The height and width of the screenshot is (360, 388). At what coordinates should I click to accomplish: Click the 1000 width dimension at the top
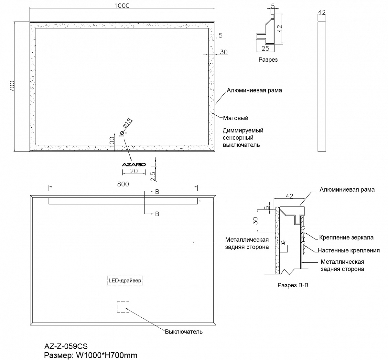pyautogui.click(x=122, y=5)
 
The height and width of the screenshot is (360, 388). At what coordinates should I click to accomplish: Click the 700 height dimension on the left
pyautogui.click(x=12, y=87)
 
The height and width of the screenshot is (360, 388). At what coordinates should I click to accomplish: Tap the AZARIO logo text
pyautogui.click(x=134, y=164)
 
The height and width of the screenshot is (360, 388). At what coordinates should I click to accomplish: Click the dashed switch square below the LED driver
pyautogui.click(x=123, y=307)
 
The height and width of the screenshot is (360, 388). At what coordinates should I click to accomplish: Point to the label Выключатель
pyautogui.click(x=184, y=332)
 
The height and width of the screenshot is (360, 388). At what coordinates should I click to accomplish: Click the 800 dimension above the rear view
pyautogui.click(x=123, y=184)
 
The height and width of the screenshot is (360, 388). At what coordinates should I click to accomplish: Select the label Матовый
pyautogui.click(x=235, y=118)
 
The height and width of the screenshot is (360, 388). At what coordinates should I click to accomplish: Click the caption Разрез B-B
pyautogui.click(x=293, y=286)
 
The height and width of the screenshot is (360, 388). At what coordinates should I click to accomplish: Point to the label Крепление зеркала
pyautogui.click(x=346, y=238)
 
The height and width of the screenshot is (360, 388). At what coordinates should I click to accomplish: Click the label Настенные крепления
pyautogui.click(x=349, y=250)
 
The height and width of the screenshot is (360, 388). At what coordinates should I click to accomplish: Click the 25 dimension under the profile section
pyautogui.click(x=265, y=48)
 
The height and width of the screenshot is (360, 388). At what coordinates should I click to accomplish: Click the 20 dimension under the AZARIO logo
pyautogui.click(x=134, y=171)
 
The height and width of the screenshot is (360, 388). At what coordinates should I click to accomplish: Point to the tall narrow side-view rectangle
pyautogui.click(x=321, y=87)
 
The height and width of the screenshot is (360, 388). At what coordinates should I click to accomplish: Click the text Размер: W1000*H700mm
pyautogui.click(x=91, y=355)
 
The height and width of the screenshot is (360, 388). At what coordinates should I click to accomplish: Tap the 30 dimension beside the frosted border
pyautogui.click(x=224, y=52)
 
